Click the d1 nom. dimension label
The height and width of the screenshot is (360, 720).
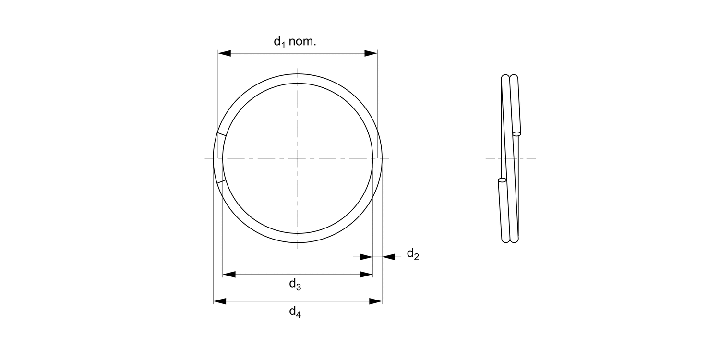tap(295, 42)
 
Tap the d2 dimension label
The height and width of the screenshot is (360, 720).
tap(413, 254)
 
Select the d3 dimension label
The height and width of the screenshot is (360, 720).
tap(295, 285)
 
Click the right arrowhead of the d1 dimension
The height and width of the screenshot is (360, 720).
tap(371, 53)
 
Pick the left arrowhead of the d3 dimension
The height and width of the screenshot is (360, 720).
tap(229, 275)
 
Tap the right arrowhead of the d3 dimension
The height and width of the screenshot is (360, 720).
tap(366, 275)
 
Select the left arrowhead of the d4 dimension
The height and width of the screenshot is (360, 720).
tap(220, 301)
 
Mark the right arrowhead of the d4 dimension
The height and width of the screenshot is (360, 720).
tap(376, 301)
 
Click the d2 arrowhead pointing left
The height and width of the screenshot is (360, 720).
tap(389, 257)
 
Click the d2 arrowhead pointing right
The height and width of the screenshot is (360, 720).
tap(366, 257)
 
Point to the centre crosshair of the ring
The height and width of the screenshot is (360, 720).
tap(298, 158)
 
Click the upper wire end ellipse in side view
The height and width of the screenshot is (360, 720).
tap(517, 133)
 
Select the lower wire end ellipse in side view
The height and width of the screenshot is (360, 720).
tap(502, 180)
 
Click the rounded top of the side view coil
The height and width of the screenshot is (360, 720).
tap(509, 77)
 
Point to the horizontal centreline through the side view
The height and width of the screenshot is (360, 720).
tap(528, 158)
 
